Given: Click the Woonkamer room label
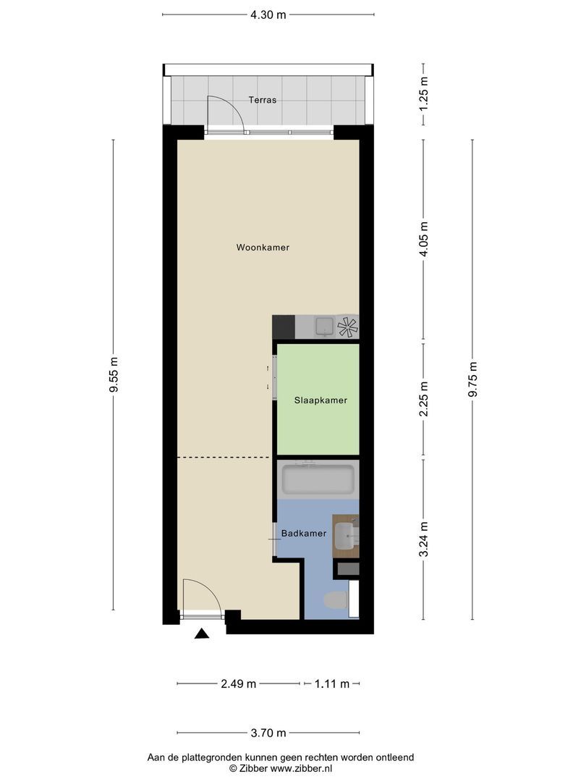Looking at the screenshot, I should click(263, 248).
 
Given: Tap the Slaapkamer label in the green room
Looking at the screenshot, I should click(320, 400).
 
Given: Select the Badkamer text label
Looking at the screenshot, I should click(304, 534).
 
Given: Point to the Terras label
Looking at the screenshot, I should click(262, 101).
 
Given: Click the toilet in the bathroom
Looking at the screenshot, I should click(336, 600).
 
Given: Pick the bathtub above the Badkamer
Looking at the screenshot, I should click(318, 479).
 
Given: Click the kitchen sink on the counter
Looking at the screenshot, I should click(324, 327).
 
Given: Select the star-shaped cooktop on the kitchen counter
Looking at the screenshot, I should click(347, 327).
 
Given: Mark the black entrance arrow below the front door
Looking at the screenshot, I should click(202, 634).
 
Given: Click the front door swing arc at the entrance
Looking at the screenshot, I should click(203, 595).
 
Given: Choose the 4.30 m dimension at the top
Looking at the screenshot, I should click(268, 14).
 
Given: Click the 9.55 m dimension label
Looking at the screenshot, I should click(114, 375).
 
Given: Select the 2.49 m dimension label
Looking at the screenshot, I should click(238, 684).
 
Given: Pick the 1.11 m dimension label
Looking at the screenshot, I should click(331, 684).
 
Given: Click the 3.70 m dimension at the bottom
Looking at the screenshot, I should click(268, 732).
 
